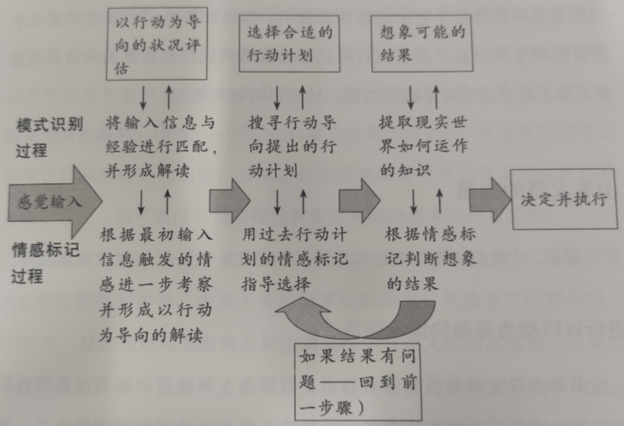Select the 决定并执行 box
pyautogui.click(x=563, y=199)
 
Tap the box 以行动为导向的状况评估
pyautogui.click(x=157, y=43)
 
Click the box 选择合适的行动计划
pyautogui.click(x=289, y=43)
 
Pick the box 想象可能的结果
pyautogui.click(x=423, y=43)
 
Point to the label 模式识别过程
pyautogui.click(x=49, y=138)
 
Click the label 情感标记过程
pyautogui.click(x=45, y=263)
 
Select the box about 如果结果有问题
pyautogui.click(x=358, y=382)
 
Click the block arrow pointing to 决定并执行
pyautogui.click(x=489, y=200)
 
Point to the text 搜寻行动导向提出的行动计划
pyautogui.click(x=292, y=147)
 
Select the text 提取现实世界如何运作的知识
pyautogui.click(x=423, y=146)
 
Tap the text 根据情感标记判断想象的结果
pyautogui.click(x=431, y=259)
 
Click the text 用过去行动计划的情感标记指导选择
pyautogui.click(x=294, y=259)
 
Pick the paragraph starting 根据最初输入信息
pyautogui.click(x=156, y=285)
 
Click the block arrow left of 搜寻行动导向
pyautogui.click(x=230, y=200)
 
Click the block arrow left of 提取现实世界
pyautogui.click(x=359, y=200)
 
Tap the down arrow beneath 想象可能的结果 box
pyautogui.click(x=411, y=97)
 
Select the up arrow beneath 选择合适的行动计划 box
pyautogui.click(x=302, y=97)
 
